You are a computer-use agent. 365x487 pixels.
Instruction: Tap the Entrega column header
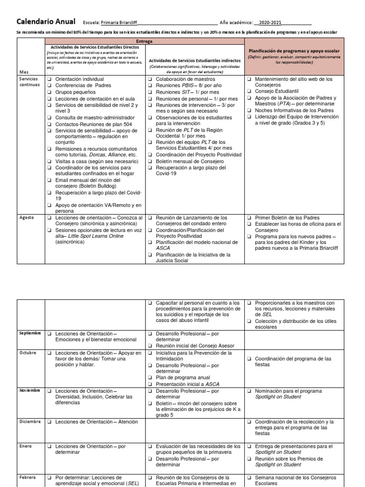click(x=144, y=41)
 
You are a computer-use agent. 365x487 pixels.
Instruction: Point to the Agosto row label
click(x=26, y=218)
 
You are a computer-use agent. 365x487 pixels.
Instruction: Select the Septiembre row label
click(x=30, y=333)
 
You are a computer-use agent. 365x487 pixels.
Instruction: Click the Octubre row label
click(x=28, y=353)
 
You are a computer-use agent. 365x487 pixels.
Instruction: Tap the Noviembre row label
click(x=30, y=390)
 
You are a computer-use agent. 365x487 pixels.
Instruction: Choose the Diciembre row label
click(x=29, y=422)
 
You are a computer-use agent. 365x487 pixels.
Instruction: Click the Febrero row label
click(x=27, y=477)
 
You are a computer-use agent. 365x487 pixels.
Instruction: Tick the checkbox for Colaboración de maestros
click(x=149, y=79)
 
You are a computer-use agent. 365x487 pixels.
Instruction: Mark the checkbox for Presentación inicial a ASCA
click(x=149, y=384)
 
